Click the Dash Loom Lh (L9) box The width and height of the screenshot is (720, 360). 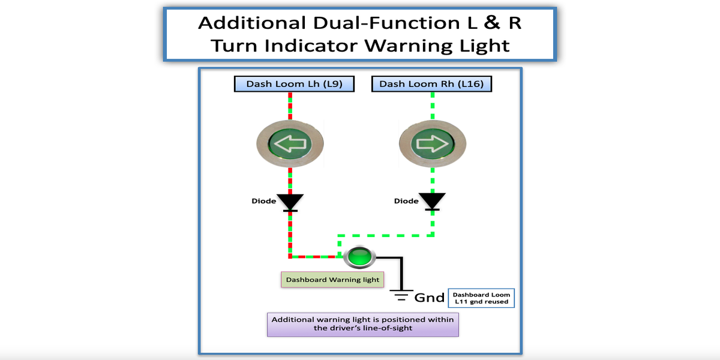point(294,84)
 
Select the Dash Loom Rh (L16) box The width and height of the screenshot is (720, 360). point(431,84)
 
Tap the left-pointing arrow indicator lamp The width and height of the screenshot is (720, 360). point(290,143)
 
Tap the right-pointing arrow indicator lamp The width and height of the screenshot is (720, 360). point(433,143)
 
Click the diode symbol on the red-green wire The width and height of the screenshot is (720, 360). point(290,203)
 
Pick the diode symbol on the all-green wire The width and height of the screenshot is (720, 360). point(433,202)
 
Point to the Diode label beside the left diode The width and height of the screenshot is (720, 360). point(263,201)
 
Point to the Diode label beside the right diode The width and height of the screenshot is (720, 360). point(406,201)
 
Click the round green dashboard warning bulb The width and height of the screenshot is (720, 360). point(359,257)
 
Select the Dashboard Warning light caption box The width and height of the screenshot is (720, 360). point(332,280)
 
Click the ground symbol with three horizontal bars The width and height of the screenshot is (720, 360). point(401,295)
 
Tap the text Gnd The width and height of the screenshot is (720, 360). point(429,298)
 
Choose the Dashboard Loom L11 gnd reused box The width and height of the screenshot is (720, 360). point(481,298)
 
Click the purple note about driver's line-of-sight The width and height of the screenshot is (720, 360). point(363,325)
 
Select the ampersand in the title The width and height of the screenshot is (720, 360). point(492,23)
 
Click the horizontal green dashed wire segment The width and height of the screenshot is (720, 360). point(386,236)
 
